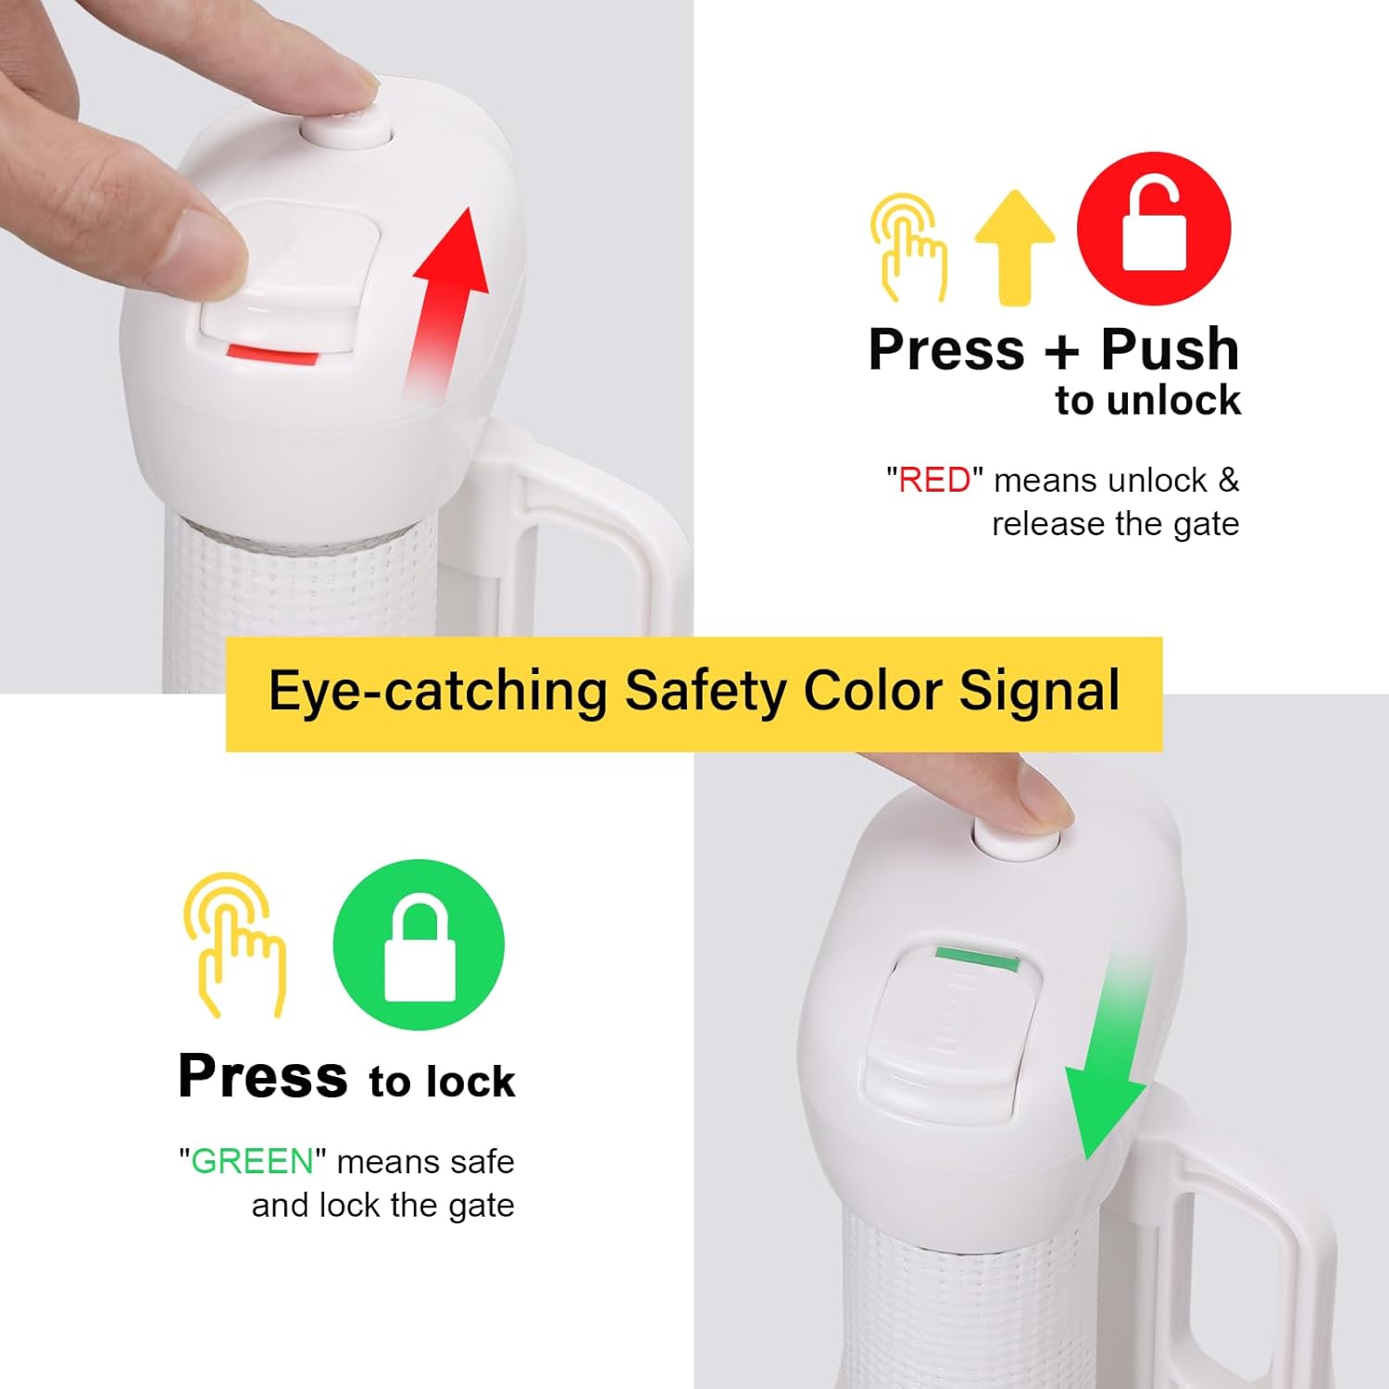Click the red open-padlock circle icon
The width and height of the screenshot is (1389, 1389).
coord(1154,228)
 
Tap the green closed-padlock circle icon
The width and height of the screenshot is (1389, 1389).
coord(419,945)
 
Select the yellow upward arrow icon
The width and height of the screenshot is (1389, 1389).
coord(1015,247)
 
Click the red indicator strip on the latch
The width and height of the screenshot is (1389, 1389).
coord(273,353)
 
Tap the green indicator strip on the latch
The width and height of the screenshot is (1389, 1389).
coord(976,957)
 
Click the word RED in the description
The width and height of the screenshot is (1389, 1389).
coord(934,481)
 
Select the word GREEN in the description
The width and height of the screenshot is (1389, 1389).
coord(252,1161)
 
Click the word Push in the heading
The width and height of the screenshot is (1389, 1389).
coord(1170,349)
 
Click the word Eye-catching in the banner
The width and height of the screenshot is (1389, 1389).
coord(437,692)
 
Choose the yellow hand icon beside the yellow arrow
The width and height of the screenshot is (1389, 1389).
coord(909,247)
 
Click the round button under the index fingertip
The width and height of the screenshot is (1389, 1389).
coord(348,128)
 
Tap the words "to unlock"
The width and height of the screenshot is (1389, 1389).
coord(1147,401)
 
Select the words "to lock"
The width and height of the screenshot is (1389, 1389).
coord(442,1082)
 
